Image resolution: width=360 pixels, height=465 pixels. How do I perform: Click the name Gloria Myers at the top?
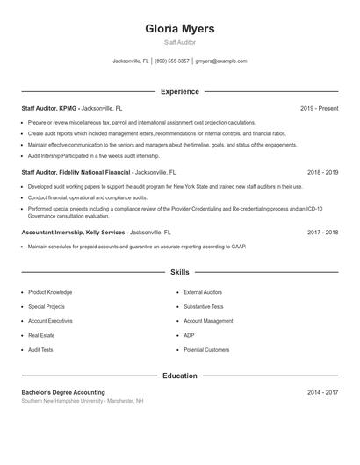tap(180, 29)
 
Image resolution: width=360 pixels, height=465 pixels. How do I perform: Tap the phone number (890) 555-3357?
tap(172, 61)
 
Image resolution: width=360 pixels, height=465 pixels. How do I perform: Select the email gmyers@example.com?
tap(220, 61)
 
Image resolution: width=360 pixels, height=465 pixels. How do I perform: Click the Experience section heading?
tap(180, 91)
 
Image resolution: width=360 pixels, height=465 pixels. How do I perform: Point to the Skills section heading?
tap(180, 273)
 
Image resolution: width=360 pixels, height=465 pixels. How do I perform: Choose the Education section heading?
tap(180, 376)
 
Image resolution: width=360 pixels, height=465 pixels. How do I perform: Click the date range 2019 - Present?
tap(319, 108)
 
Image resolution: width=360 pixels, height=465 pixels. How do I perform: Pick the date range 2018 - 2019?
tap(322, 173)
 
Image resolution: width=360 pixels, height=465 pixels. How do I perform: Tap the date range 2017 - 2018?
tap(322, 232)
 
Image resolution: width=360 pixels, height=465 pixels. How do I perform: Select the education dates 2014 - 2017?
tap(322, 392)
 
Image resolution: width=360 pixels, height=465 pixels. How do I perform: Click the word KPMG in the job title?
tap(67, 108)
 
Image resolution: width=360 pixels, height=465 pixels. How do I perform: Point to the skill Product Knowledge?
tap(50, 292)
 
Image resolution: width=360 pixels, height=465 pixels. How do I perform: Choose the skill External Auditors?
tap(203, 292)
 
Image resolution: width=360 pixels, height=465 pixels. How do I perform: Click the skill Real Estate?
tap(41, 335)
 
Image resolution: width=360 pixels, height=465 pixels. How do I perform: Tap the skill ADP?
tap(189, 335)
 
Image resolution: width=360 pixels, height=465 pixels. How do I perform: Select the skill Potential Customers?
tap(206, 349)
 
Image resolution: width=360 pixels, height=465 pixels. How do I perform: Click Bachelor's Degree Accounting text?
tap(63, 392)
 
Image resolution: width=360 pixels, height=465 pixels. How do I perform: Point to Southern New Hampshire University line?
tap(83, 401)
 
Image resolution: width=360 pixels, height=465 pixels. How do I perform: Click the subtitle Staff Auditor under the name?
tap(180, 42)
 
